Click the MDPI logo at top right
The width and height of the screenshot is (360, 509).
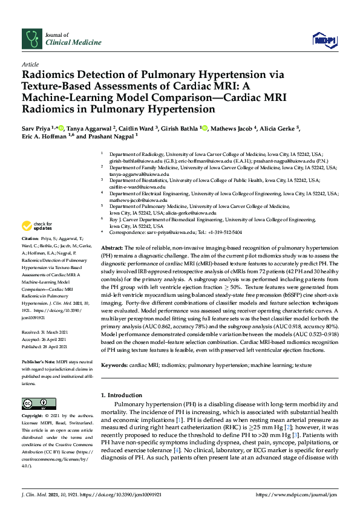[325, 40]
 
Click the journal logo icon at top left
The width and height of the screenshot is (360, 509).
[31, 38]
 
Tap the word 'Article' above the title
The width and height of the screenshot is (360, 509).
[30, 64]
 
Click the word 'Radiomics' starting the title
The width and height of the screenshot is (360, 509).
[50, 76]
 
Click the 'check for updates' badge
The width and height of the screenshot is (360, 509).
[36, 226]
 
